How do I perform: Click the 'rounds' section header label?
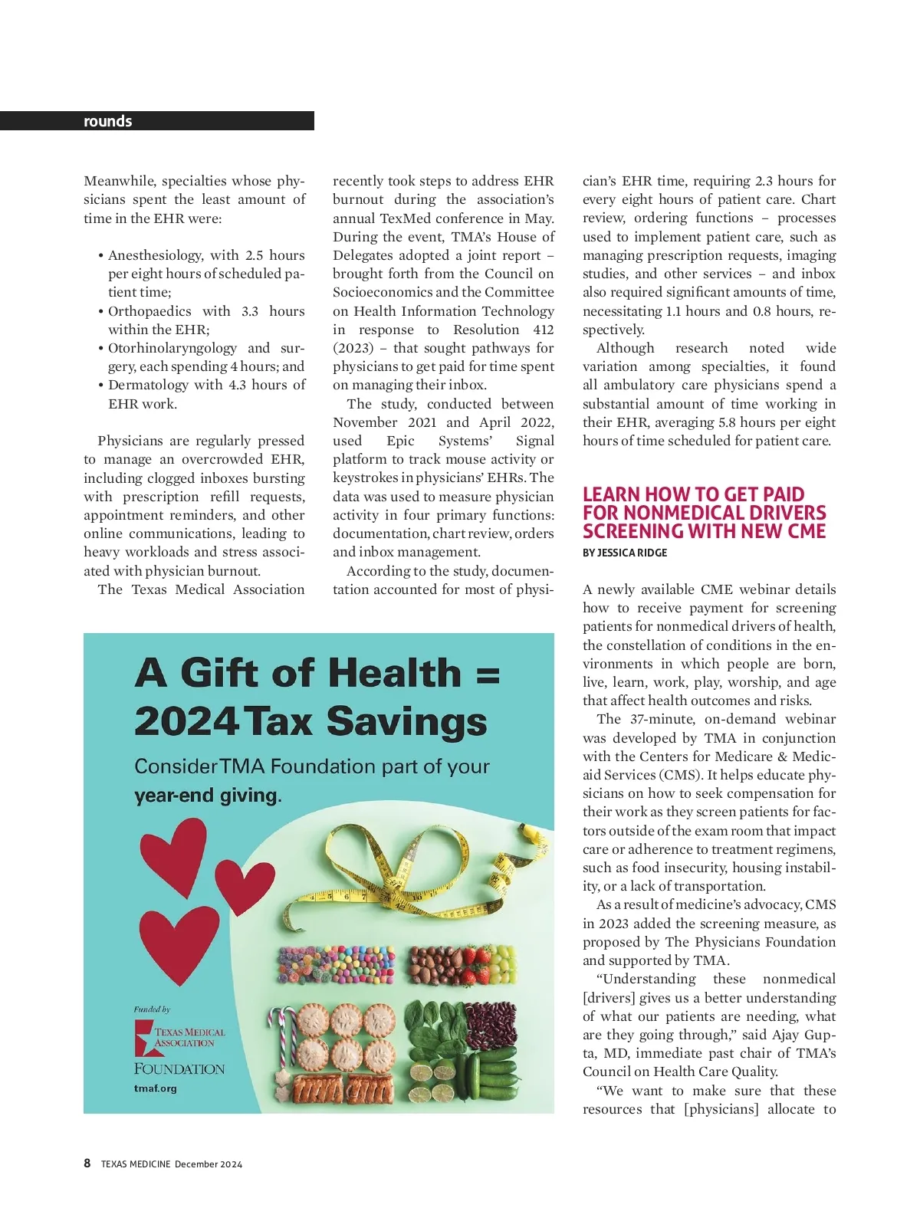click(107, 121)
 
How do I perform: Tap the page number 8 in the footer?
click(87, 1163)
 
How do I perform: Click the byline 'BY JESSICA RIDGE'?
click(625, 553)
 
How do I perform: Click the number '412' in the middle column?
click(543, 330)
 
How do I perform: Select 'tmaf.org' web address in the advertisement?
click(155, 1088)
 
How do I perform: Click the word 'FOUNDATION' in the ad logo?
click(179, 1068)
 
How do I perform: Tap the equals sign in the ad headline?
click(488, 674)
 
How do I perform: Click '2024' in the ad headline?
click(186, 722)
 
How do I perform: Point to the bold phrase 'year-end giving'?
click(205, 796)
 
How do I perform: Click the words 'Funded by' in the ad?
click(152, 1009)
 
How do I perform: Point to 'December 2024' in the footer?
click(208, 1164)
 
